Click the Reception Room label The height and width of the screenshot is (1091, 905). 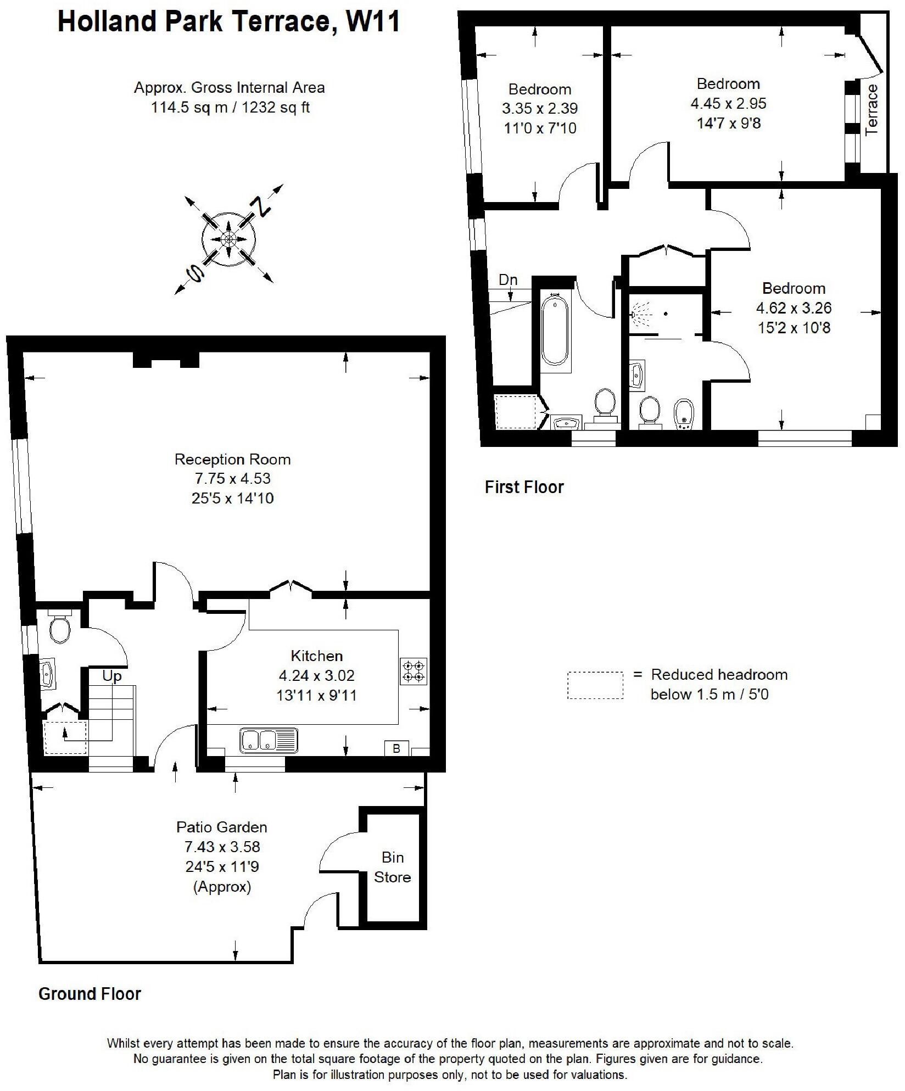coord(232,459)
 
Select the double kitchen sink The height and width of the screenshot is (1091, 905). coord(269,740)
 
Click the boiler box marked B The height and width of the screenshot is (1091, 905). coord(396,748)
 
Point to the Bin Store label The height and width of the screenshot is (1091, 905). coord(392,867)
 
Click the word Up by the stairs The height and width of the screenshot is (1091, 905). coord(112,676)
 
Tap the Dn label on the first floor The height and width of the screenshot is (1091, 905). coord(508,280)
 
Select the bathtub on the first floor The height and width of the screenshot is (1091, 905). coord(555,329)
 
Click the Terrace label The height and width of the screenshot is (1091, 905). coord(872,109)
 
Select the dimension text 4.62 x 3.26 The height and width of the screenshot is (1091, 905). coord(794,308)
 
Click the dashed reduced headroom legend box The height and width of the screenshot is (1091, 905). coord(595,685)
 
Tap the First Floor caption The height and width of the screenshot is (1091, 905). coord(524,487)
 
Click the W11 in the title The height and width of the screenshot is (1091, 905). coord(373,22)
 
